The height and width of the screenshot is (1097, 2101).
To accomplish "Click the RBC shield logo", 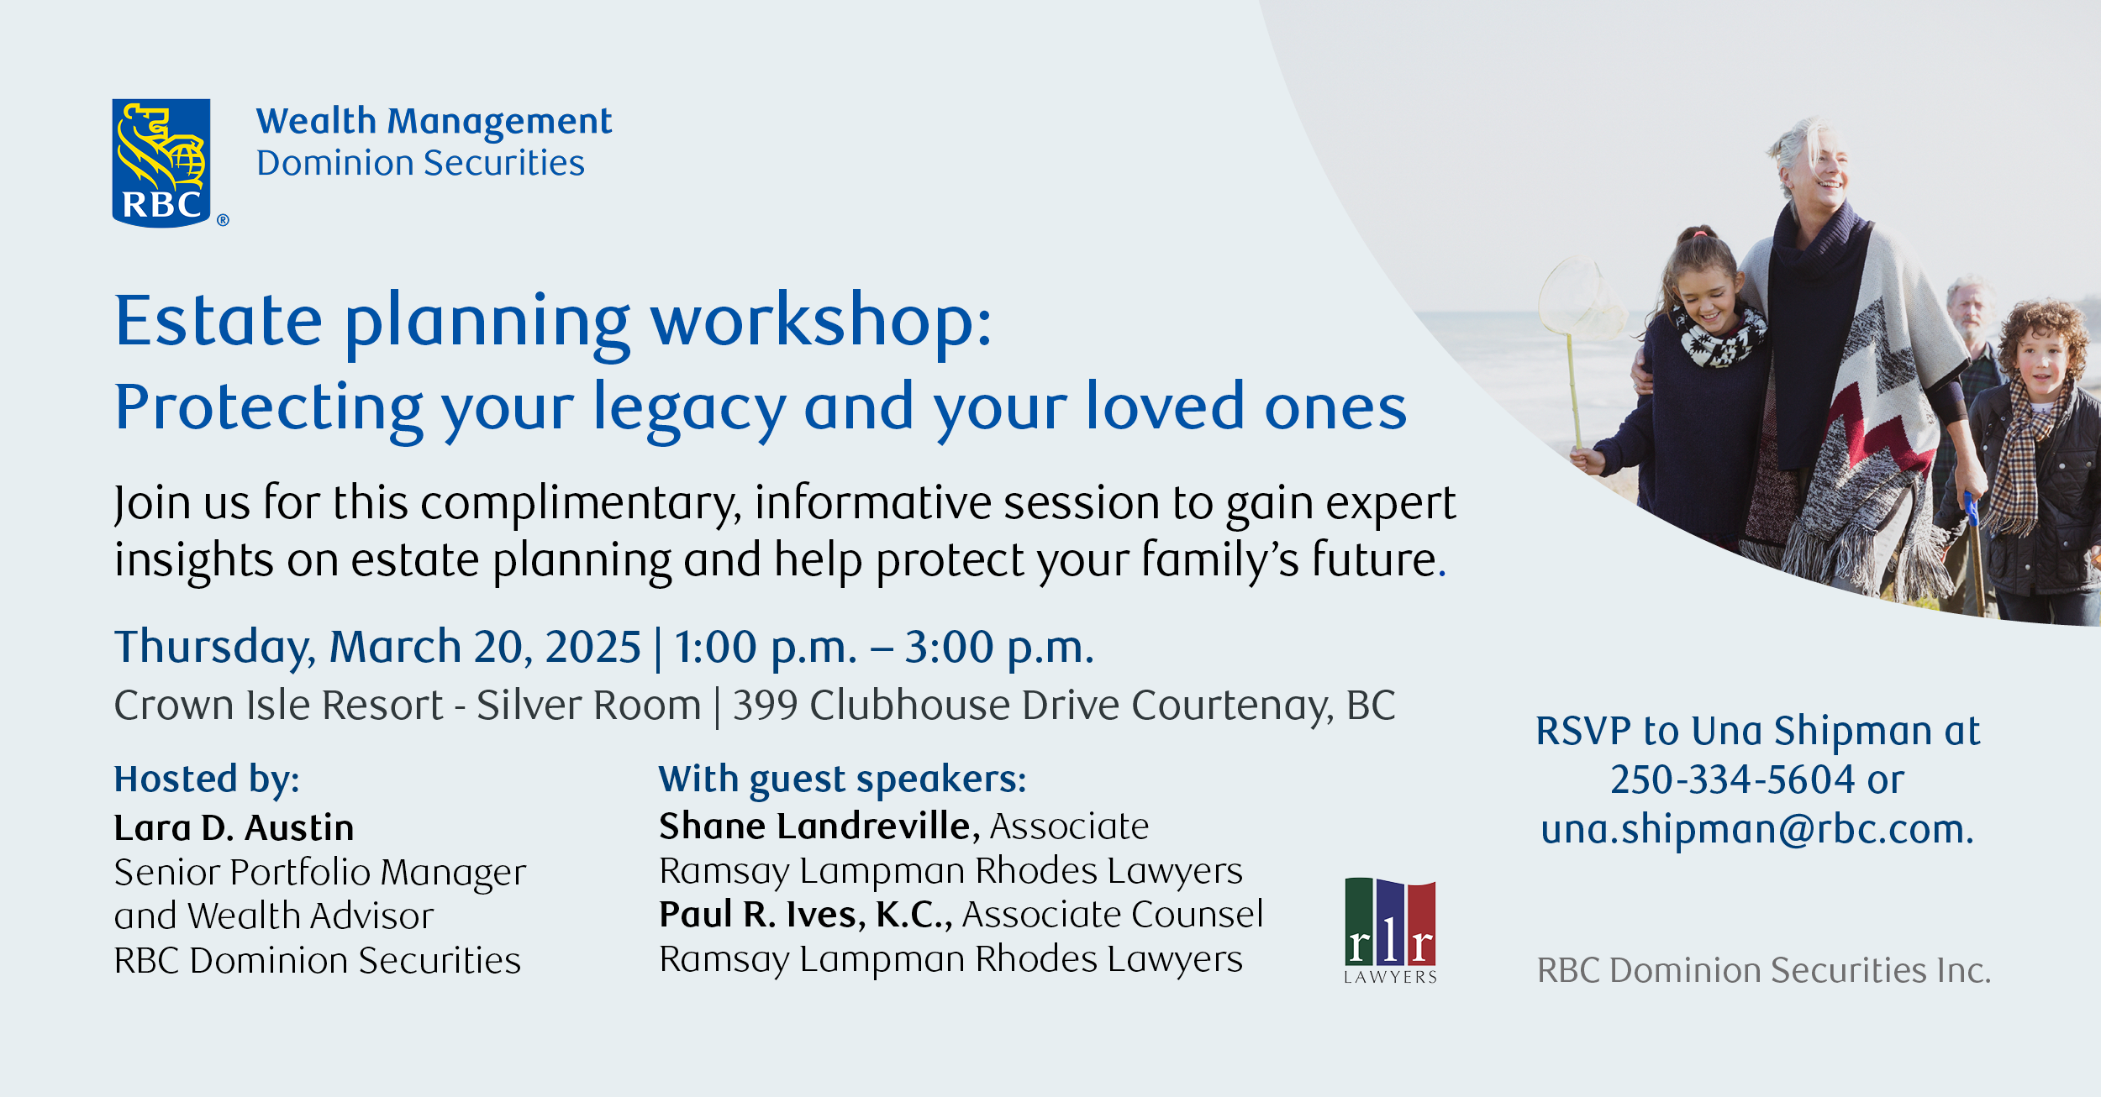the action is pyautogui.click(x=161, y=163).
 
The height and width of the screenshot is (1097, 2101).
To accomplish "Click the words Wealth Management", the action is pyautogui.click(x=434, y=122).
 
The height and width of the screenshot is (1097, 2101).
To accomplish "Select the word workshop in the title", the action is pyautogui.click(x=821, y=323).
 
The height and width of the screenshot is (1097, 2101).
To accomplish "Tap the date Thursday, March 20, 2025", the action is pyautogui.click(x=377, y=648).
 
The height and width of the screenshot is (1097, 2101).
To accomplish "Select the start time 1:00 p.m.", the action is pyautogui.click(x=765, y=648).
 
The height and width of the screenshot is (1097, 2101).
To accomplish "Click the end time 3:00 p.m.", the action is pyautogui.click(x=999, y=648).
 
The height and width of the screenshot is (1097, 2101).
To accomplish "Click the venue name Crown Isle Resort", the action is pyautogui.click(x=278, y=705).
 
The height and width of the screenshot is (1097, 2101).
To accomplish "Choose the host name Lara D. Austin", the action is pyautogui.click(x=234, y=828).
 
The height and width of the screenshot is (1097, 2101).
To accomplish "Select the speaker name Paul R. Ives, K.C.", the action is pyautogui.click(x=805, y=915).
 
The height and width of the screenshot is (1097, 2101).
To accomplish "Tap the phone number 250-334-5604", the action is pyautogui.click(x=1732, y=780).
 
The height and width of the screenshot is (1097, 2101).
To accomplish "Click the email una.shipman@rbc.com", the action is pyautogui.click(x=1757, y=829).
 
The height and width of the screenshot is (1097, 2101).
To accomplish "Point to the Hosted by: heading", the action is pyautogui.click(x=207, y=780).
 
